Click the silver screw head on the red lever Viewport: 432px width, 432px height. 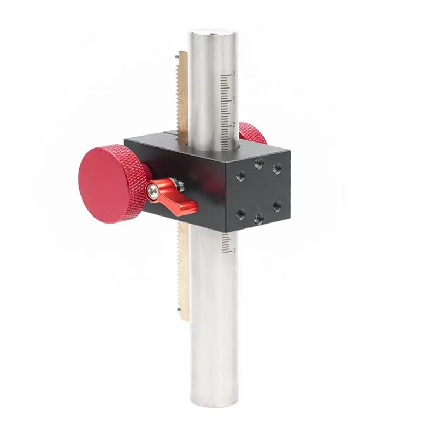tap(154, 189)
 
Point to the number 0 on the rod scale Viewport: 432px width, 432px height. tap(233, 73)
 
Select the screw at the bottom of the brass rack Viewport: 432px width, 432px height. tap(178, 310)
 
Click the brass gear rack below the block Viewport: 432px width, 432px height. tap(183, 270)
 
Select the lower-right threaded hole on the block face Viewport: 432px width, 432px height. tap(276, 206)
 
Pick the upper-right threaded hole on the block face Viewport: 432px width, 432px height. tap(276, 168)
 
